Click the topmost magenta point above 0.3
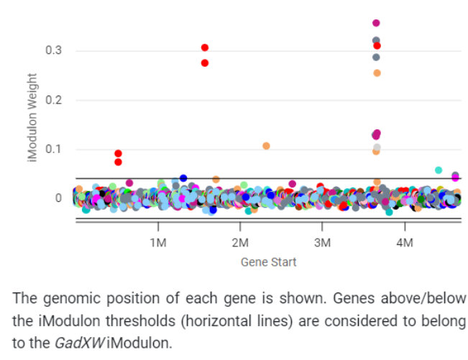[376, 23]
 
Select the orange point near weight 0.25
[377, 73]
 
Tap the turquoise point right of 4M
[439, 170]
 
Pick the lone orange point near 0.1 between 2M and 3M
[266, 146]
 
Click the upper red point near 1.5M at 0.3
[205, 47]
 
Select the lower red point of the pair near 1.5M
[205, 63]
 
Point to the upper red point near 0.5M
[118, 153]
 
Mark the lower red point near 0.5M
[118, 162]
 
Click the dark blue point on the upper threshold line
[183, 177]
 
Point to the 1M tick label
[157, 242]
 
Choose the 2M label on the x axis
[240, 242]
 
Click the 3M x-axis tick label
[322, 242]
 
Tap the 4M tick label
[405, 242]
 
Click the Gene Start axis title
[268, 262]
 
